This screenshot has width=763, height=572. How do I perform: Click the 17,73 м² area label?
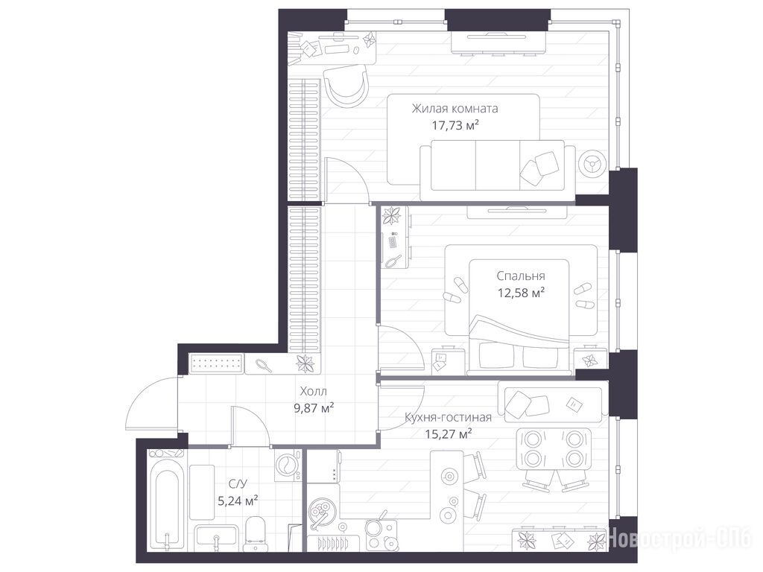click(455, 125)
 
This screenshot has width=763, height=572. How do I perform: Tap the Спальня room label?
click(521, 276)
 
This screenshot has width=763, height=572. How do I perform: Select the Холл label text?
click(314, 391)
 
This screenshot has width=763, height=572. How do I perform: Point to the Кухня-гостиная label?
click(448, 417)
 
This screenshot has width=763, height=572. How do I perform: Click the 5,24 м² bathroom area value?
click(238, 500)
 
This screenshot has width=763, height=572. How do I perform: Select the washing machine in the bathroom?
click(288, 466)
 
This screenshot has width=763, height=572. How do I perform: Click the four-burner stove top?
click(379, 534)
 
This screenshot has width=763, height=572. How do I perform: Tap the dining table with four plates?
click(554, 449)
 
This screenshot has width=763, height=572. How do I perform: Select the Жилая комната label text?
click(455, 109)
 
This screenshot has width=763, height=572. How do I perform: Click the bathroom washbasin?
click(216, 538)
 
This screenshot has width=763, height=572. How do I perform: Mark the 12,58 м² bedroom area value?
click(521, 293)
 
